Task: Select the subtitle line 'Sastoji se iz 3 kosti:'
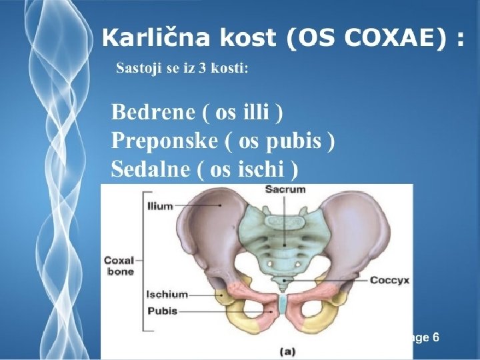click(x=182, y=69)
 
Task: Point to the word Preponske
click(x=164, y=141)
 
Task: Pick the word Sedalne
click(x=151, y=169)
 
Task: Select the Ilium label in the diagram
click(x=160, y=206)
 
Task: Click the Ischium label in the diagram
click(x=166, y=293)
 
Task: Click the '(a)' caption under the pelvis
click(x=289, y=350)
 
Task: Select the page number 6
click(x=435, y=337)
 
